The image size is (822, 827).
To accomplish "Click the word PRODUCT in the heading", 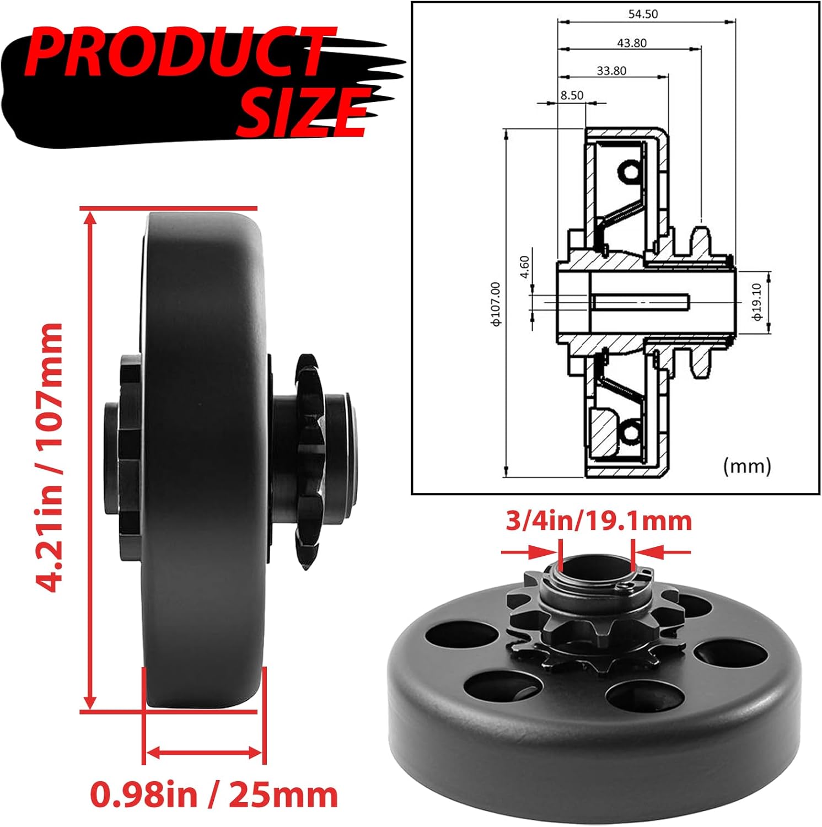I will pos(176,52).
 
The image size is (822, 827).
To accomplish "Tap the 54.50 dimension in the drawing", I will pos(643,14).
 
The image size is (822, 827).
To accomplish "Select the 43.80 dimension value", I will pos(631,43).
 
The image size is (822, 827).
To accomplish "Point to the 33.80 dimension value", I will pos(611,71).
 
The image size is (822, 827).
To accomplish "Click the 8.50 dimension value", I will pos(572,95).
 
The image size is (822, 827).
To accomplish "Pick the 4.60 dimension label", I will pos(524,267).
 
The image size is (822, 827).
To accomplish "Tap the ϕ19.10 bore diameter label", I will pos(757,302).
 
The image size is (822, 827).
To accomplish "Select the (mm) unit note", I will pos(746,466).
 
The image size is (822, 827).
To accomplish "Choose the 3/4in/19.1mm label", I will pos(598,521).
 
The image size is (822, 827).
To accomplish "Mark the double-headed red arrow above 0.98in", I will pos(204,752).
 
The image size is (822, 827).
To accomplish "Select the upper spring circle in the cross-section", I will pos(630,173).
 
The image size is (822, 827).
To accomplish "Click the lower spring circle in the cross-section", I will pos(630,432).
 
